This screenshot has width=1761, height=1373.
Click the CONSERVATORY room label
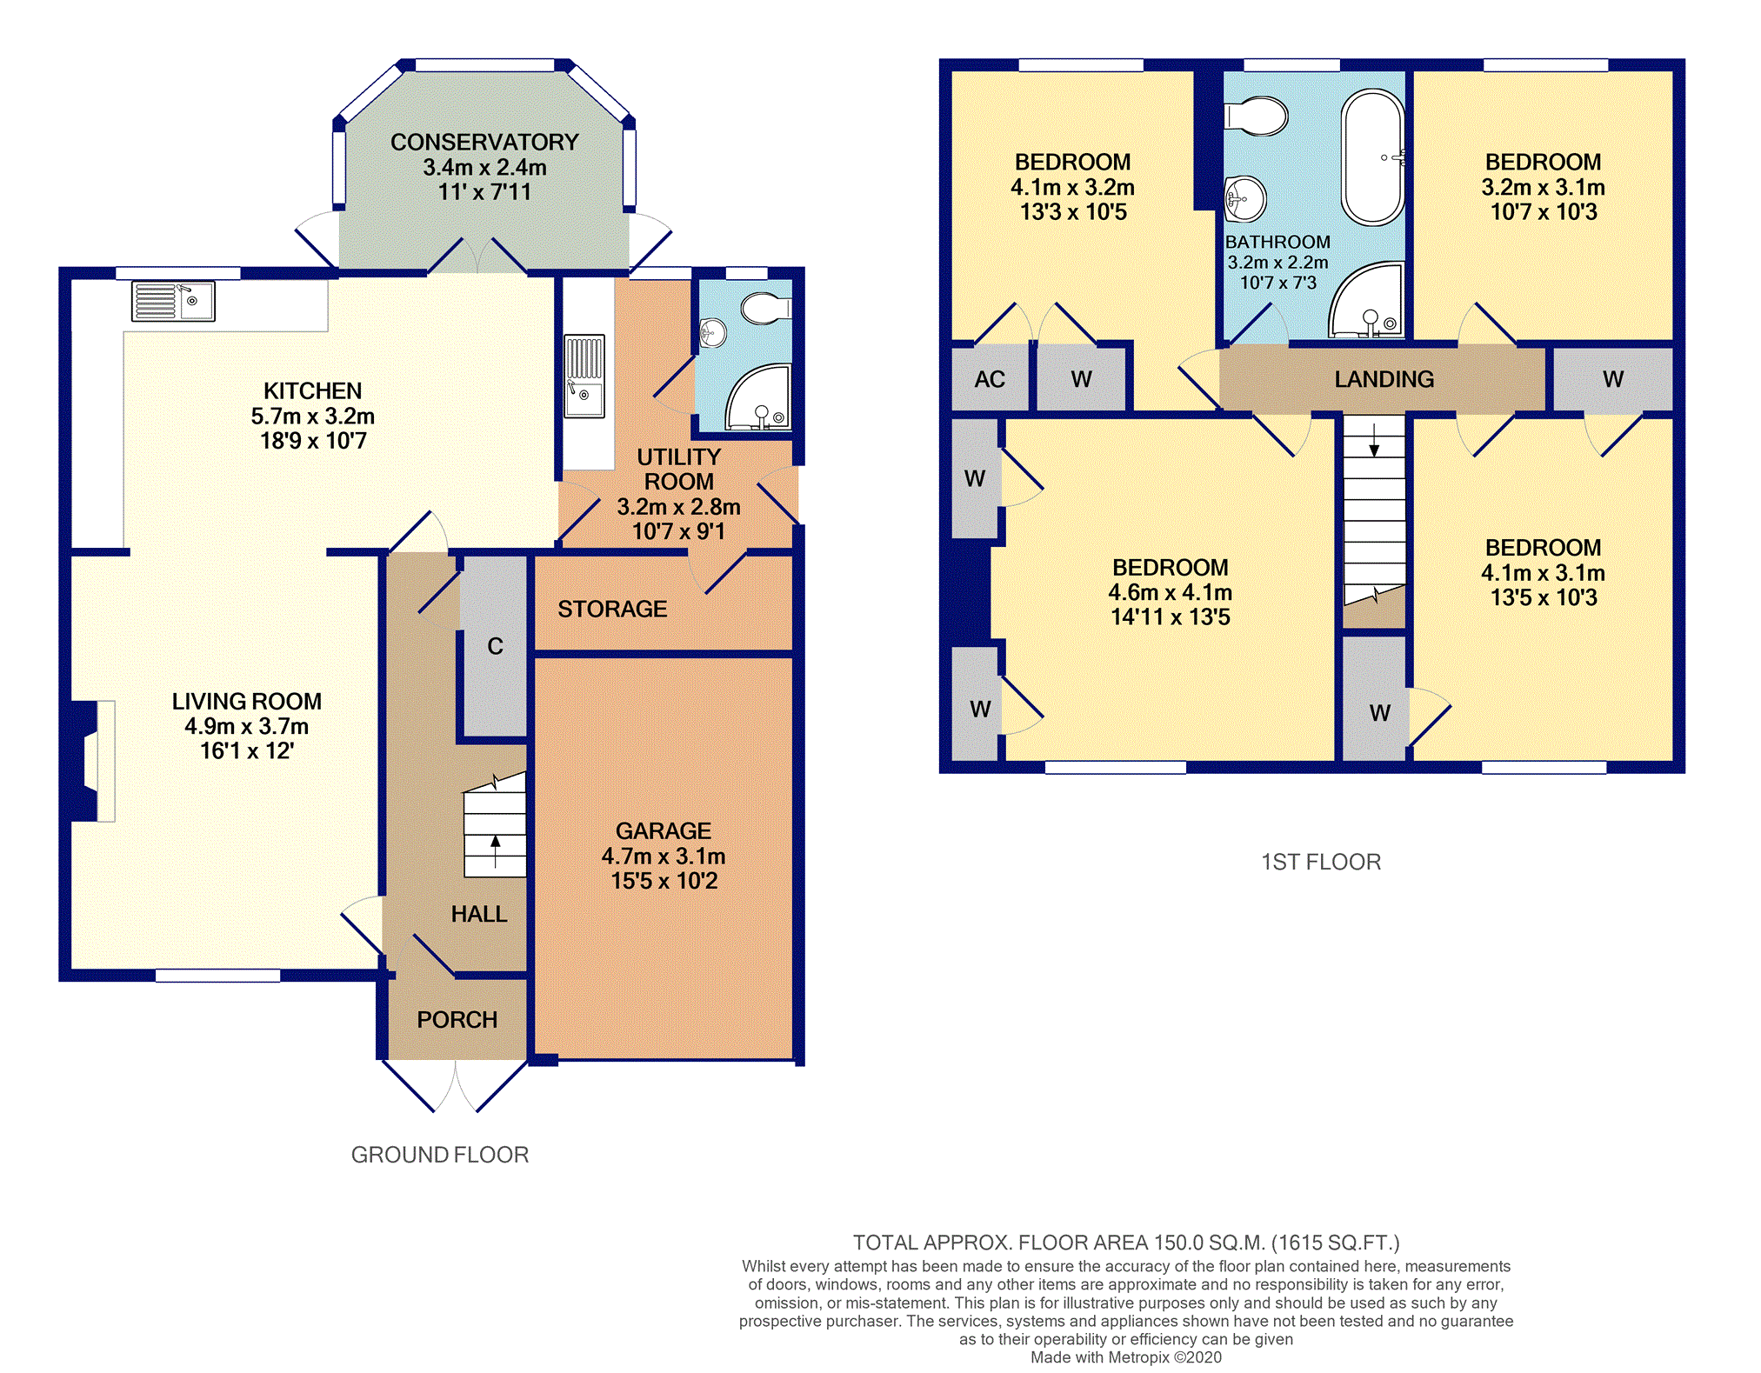(484, 142)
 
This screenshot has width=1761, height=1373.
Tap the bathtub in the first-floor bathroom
(1372, 157)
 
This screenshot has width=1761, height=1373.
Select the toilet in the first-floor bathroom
(1256, 116)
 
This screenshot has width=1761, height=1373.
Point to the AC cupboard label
(990, 379)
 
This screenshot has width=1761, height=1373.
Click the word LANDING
(1384, 379)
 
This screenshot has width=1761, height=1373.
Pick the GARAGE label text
(664, 831)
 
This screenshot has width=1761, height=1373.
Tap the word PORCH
(457, 1019)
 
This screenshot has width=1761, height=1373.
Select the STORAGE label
(613, 609)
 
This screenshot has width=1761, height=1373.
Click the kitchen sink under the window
(173, 301)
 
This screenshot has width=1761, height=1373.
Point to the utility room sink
(584, 377)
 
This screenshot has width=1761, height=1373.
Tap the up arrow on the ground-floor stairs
(496, 851)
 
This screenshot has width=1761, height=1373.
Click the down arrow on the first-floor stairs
(1374, 440)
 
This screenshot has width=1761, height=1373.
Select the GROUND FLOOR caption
(440, 1155)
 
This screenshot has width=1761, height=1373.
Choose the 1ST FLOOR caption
(1321, 862)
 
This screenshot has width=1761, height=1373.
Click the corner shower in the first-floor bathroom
(1366, 300)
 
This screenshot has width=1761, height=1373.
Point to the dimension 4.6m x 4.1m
(1171, 592)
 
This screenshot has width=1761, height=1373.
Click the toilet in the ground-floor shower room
(766, 307)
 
